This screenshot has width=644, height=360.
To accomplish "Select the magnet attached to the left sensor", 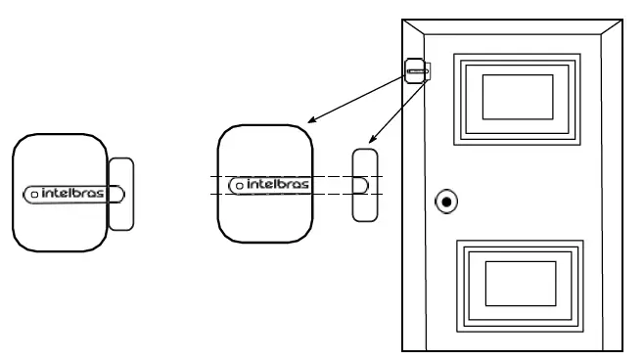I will (120, 194).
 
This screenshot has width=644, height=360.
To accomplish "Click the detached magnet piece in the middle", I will (365, 183).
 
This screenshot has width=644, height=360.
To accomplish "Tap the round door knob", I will (446, 202).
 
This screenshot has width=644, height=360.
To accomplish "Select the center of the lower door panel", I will (522, 283).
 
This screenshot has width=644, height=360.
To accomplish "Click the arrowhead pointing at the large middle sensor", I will (310, 120).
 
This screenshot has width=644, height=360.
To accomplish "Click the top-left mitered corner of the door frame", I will (409, 25).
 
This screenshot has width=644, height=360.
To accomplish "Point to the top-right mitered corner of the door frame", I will (620, 25).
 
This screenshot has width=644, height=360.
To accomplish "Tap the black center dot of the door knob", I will (446, 202).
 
